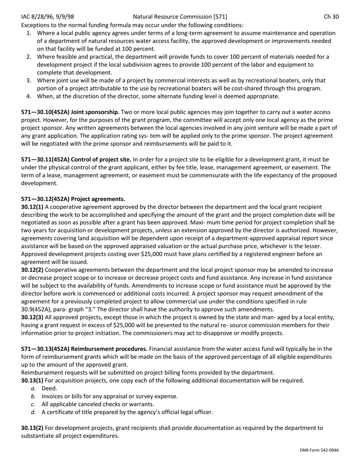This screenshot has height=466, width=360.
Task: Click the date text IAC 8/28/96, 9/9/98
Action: [48, 17]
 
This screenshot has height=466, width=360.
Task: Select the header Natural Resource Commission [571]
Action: [180, 17]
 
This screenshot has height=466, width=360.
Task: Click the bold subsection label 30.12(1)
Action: [32, 207]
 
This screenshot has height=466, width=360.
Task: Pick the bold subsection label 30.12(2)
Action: [32, 270]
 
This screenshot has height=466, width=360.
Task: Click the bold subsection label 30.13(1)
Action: [32, 380]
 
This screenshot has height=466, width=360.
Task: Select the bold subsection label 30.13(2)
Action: [32, 428]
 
